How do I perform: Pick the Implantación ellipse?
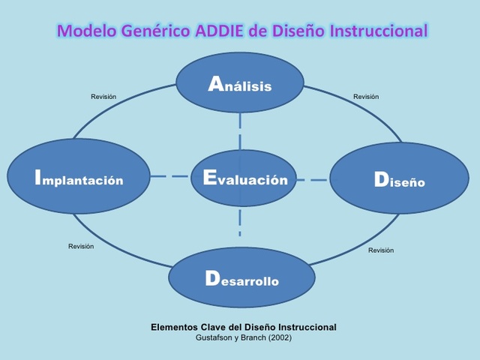tap(79, 177)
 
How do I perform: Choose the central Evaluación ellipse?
tap(244, 178)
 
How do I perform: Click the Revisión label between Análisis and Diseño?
tap(366, 97)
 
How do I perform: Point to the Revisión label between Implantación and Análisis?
tap(103, 97)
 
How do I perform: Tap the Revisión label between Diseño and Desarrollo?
tap(380, 250)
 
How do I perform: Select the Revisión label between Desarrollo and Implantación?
tap(81, 247)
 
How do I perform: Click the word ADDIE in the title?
tap(223, 31)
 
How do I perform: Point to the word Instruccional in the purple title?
tap(378, 31)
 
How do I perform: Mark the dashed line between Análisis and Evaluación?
tap(240, 131)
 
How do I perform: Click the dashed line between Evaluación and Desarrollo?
tap(240, 222)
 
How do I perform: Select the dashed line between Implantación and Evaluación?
tap(170, 177)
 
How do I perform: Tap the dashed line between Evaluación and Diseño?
tap(313, 180)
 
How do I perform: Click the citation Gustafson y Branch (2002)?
tap(244, 337)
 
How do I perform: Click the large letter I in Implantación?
tap(37, 177)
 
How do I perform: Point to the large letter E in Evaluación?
tap(210, 178)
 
